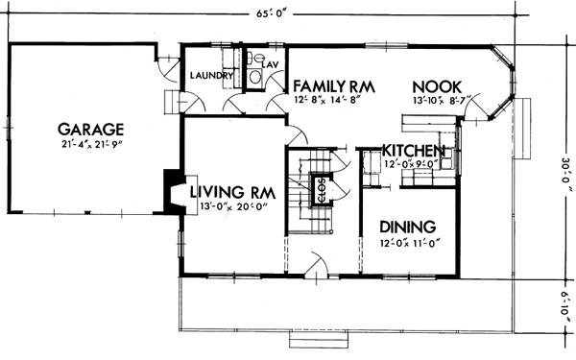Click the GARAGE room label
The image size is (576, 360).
coord(92,128)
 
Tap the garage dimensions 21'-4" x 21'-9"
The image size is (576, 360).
coord(92,145)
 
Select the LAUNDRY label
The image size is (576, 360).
coord(212,76)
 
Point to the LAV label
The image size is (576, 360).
coord(270,64)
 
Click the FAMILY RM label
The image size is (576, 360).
coord(332,84)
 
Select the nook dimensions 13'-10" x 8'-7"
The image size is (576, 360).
coord(436,99)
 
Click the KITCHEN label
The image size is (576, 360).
coord(414,151)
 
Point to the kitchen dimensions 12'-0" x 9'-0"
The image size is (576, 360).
coord(414,164)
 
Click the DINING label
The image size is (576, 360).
coord(407,227)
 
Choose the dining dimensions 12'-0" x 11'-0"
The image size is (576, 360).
coord(407,243)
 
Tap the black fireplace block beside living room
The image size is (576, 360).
coord(173,188)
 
